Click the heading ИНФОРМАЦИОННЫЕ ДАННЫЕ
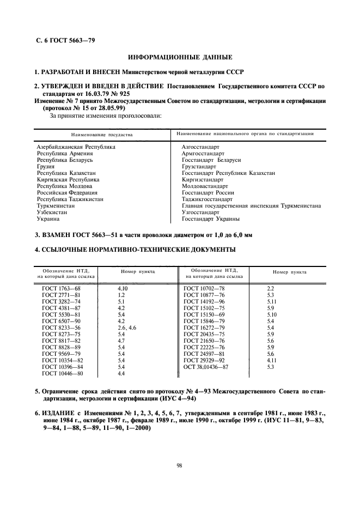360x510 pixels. pos(180,57)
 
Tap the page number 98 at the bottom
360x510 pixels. pos(179,464)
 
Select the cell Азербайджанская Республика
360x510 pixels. pos(76,147)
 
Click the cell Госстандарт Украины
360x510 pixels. pos(210,219)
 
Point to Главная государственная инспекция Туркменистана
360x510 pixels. pos(251,206)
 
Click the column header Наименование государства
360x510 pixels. pos(102,134)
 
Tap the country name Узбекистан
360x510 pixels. pos(56,212)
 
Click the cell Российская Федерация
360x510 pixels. pos(67,193)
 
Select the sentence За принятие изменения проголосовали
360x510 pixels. pos(106,116)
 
